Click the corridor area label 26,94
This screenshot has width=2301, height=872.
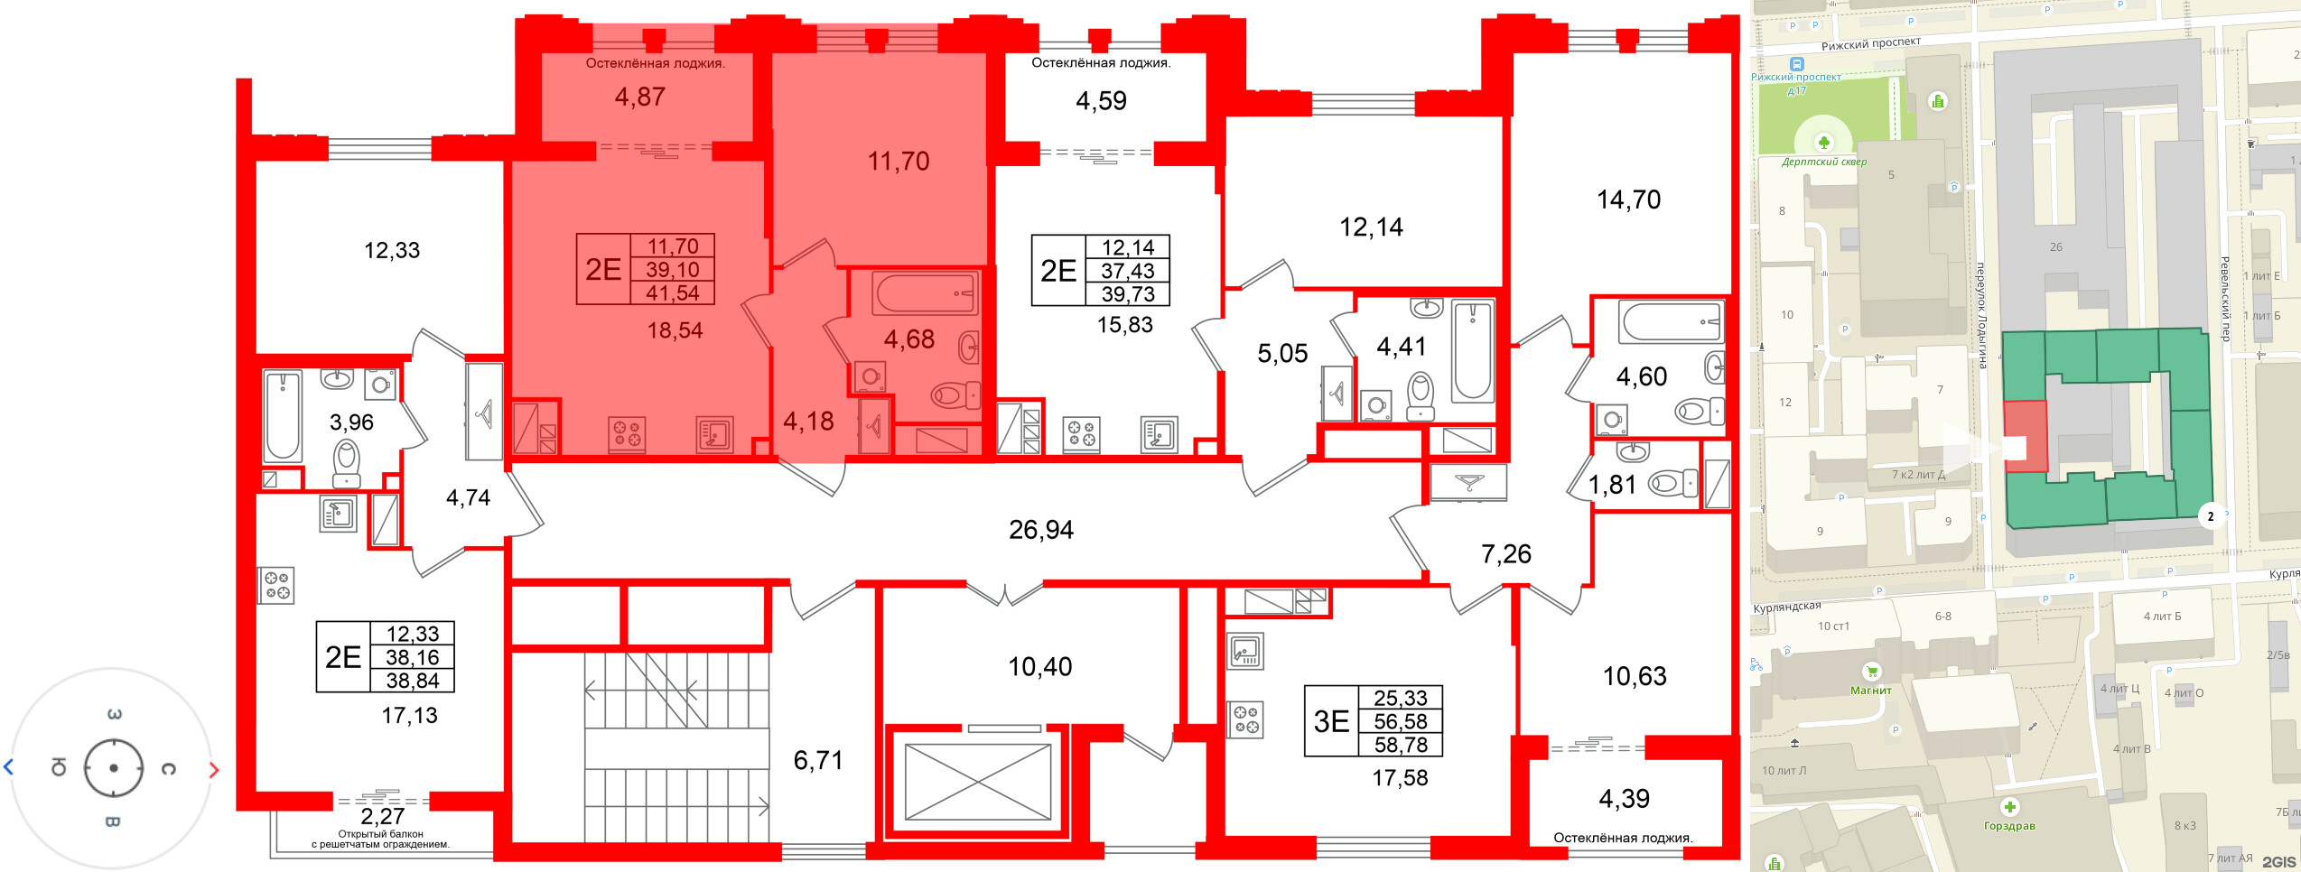(x=1041, y=530)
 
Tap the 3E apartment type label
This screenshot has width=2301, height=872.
(x=1331, y=721)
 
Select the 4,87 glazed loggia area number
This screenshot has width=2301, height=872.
(x=640, y=97)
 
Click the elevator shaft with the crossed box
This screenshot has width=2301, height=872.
(x=978, y=782)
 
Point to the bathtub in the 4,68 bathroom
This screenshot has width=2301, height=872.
(x=925, y=294)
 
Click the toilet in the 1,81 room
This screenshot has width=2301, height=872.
(x=1671, y=485)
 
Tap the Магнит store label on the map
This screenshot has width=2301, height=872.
(x=1870, y=691)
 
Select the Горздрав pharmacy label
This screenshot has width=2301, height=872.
(x=2009, y=825)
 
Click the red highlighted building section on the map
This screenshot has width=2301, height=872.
(x=2026, y=436)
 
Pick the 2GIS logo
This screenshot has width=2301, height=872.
(x=2278, y=861)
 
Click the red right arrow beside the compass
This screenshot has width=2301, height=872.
(x=214, y=770)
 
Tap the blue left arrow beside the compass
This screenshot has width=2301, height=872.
(x=9, y=767)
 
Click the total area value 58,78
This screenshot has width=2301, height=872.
(x=1401, y=745)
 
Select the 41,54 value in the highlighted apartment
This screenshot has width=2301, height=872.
(x=673, y=292)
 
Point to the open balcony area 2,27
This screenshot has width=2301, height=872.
(x=382, y=817)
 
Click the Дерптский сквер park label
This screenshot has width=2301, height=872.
(x=1824, y=162)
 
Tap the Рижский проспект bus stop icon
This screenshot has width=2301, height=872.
(x=1797, y=64)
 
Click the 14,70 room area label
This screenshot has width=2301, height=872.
(x=1628, y=199)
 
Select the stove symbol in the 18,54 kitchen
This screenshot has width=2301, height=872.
(x=627, y=434)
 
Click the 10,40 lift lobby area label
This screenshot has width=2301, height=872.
(x=1039, y=667)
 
